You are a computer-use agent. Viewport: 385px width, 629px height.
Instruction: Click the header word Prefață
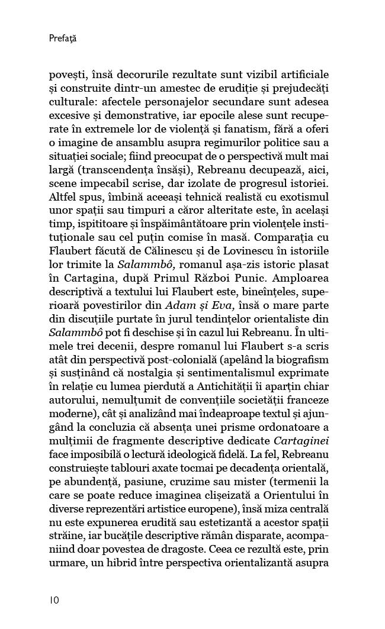pyautogui.click(x=63, y=39)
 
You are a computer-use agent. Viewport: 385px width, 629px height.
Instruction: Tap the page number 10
pyautogui.click(x=54, y=600)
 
